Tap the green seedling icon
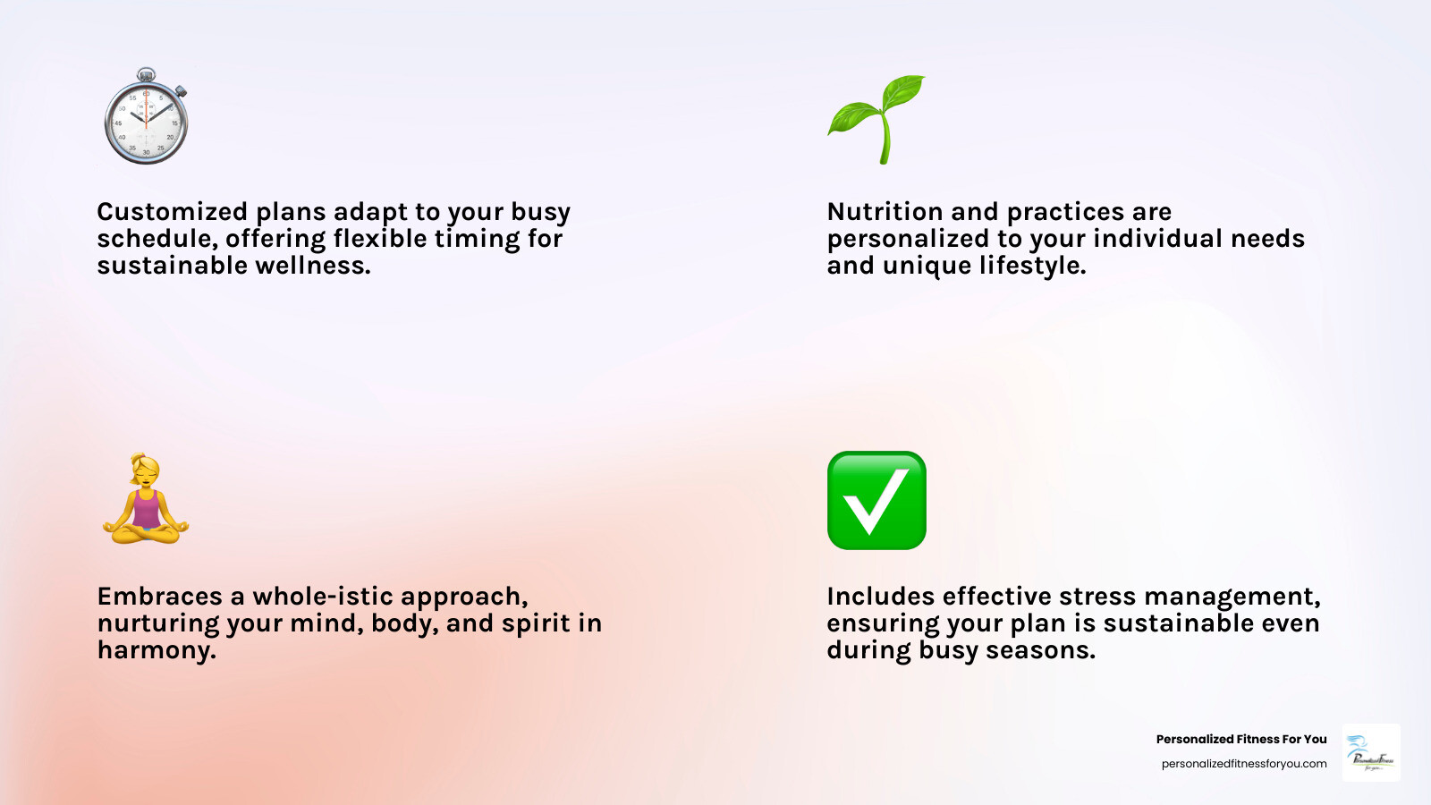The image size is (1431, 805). point(876,119)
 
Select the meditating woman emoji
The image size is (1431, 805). point(146,499)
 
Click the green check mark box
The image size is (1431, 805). point(876,500)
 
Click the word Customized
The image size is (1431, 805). point(172,212)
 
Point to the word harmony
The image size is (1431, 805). point(157,650)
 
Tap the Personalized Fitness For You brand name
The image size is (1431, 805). point(1240,739)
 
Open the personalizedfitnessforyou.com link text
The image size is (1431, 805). point(1243,764)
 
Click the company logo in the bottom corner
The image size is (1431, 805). point(1371,753)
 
